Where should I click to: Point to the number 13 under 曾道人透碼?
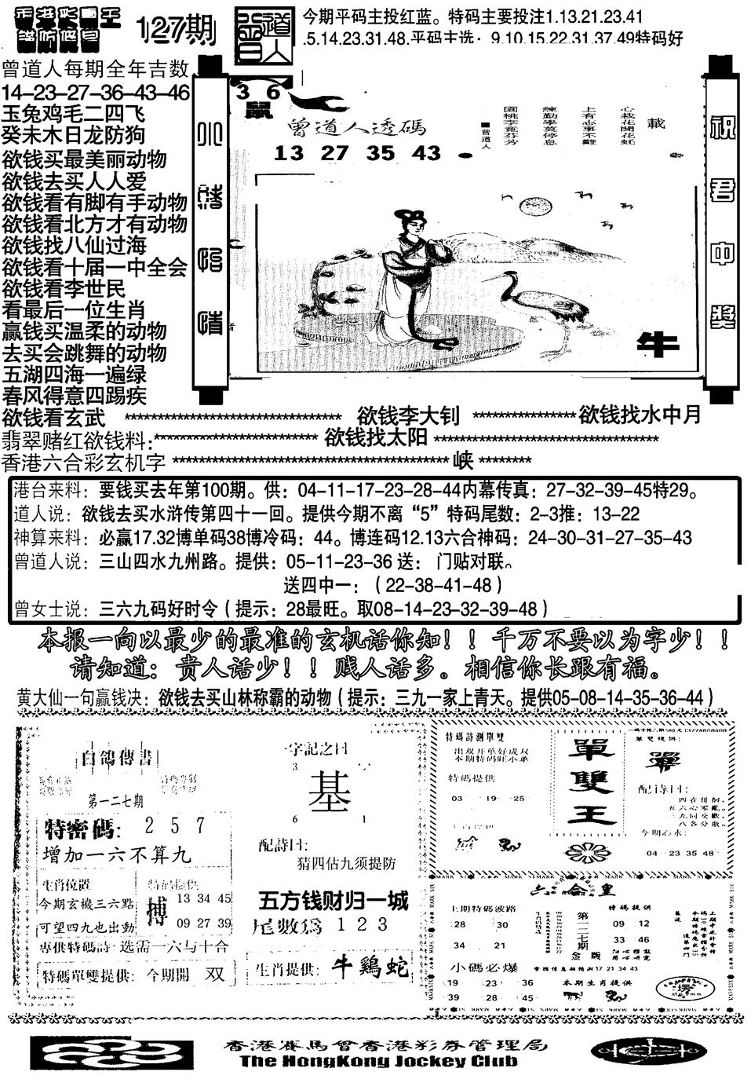tap(289, 153)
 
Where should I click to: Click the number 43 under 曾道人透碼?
tap(427, 153)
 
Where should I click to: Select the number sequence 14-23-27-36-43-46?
tap(96, 93)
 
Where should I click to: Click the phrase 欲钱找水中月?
tap(640, 415)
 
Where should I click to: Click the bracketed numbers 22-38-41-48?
tap(438, 585)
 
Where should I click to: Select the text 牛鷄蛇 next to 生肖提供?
tap(370, 967)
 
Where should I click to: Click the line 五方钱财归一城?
tap(334, 902)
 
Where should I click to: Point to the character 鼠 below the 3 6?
tap(256, 111)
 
